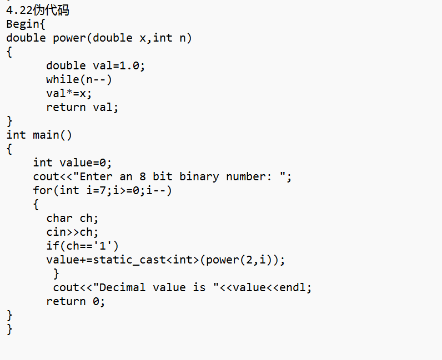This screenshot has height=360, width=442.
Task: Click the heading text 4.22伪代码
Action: [x=38, y=10]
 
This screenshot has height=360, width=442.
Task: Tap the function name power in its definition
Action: [x=69, y=38]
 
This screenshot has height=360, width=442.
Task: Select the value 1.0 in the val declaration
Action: [x=130, y=65]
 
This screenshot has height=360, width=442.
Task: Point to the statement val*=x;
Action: [x=69, y=93]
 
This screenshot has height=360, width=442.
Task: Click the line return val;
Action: [x=82, y=107]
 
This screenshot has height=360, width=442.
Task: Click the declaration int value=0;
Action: [x=72, y=163]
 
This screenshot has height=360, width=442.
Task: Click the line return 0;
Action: [x=76, y=301]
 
